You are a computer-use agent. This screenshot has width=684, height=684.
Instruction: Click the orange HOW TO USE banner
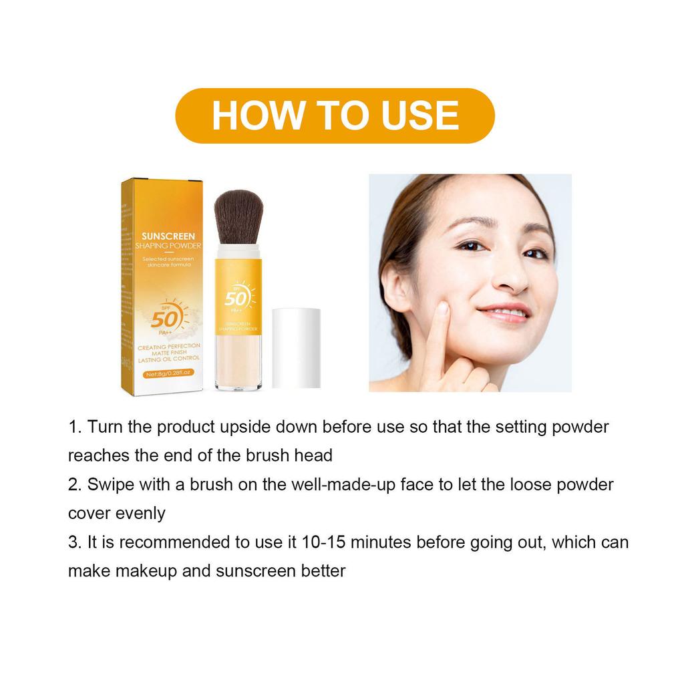tap(335, 116)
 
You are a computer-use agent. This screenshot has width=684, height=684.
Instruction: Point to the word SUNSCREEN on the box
tap(168, 236)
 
